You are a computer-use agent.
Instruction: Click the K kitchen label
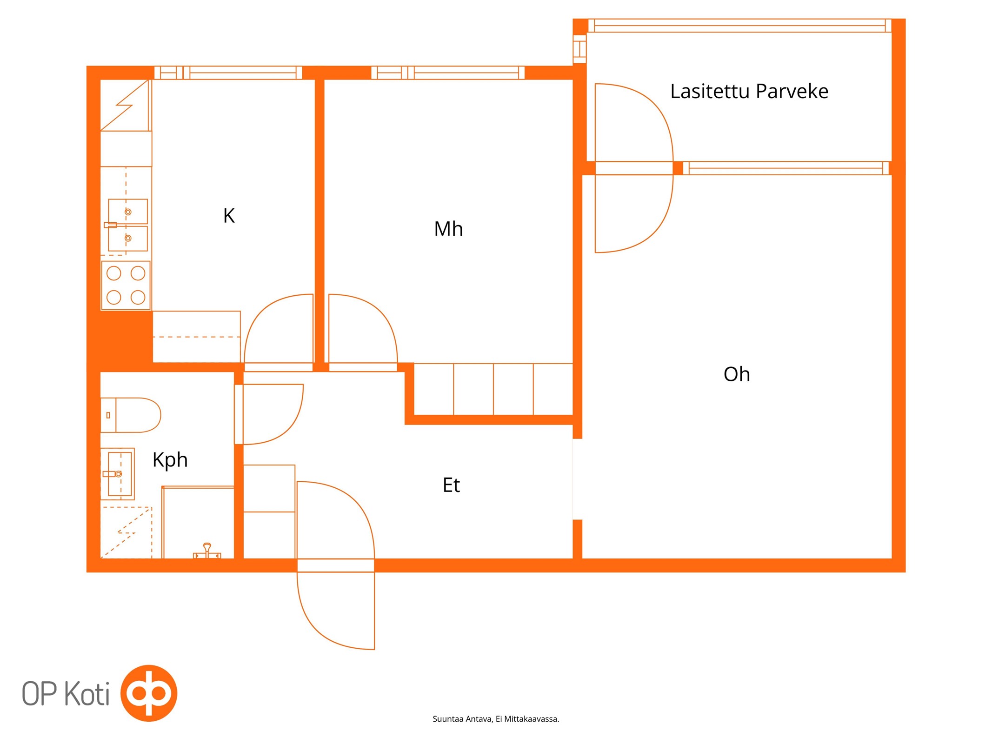(x=229, y=216)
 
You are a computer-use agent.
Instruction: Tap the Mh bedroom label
(x=448, y=229)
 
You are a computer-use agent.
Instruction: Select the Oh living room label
(x=737, y=374)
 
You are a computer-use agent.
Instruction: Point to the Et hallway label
(x=451, y=485)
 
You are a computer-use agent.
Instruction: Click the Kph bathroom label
(x=170, y=460)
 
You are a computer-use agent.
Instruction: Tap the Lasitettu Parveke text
(x=749, y=91)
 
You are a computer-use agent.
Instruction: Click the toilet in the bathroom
(x=131, y=415)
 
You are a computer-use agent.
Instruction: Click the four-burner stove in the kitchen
(x=126, y=286)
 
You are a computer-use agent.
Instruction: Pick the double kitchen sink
(x=127, y=225)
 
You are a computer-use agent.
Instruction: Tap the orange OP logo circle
(x=149, y=693)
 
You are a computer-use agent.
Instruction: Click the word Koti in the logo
(x=87, y=694)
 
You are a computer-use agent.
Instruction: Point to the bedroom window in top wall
(x=448, y=73)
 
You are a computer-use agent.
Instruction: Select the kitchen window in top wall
(x=228, y=73)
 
